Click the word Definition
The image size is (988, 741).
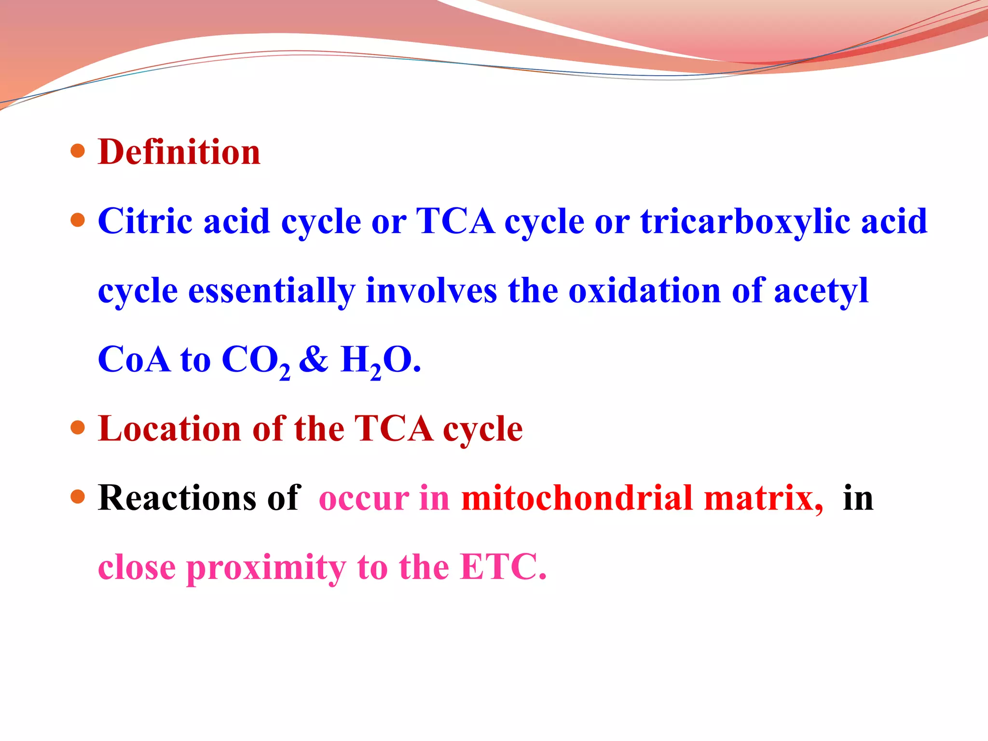179,152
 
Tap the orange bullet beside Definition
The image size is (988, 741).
78,151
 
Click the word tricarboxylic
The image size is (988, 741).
744,222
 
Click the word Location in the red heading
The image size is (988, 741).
169,429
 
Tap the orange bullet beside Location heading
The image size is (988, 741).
78,427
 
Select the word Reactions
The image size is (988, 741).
177,498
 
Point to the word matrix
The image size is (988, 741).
763,498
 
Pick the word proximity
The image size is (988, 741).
266,568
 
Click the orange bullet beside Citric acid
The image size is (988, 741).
78,220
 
